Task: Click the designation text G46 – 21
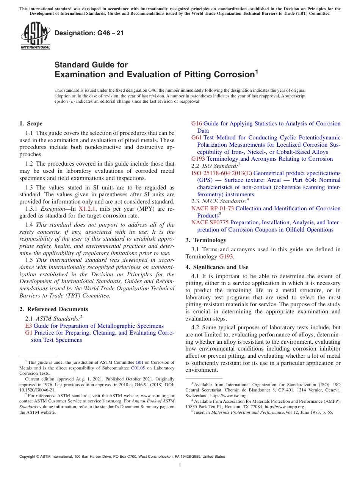(89, 33)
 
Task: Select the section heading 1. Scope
(31, 124)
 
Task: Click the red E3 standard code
(28, 326)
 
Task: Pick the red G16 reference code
(197, 124)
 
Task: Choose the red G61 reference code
(197, 138)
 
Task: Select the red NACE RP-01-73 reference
(213, 208)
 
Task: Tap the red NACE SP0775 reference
(210, 222)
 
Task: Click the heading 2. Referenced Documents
(54, 309)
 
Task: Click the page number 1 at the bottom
(180, 465)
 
